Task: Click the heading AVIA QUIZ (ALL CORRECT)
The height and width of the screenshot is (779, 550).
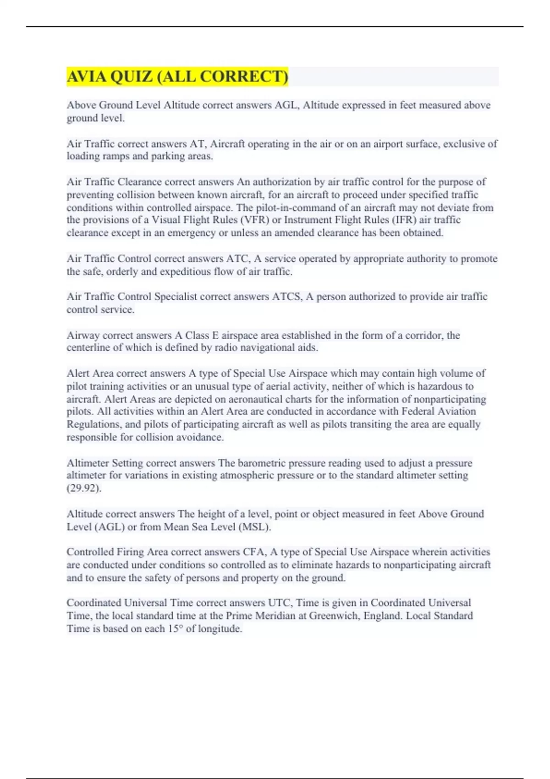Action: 177,76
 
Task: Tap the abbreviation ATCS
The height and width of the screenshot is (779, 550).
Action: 287,296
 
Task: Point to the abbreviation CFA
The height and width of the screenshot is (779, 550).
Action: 256,552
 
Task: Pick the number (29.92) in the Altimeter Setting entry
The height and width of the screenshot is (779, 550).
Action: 84,488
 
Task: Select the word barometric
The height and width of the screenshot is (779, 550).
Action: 263,463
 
